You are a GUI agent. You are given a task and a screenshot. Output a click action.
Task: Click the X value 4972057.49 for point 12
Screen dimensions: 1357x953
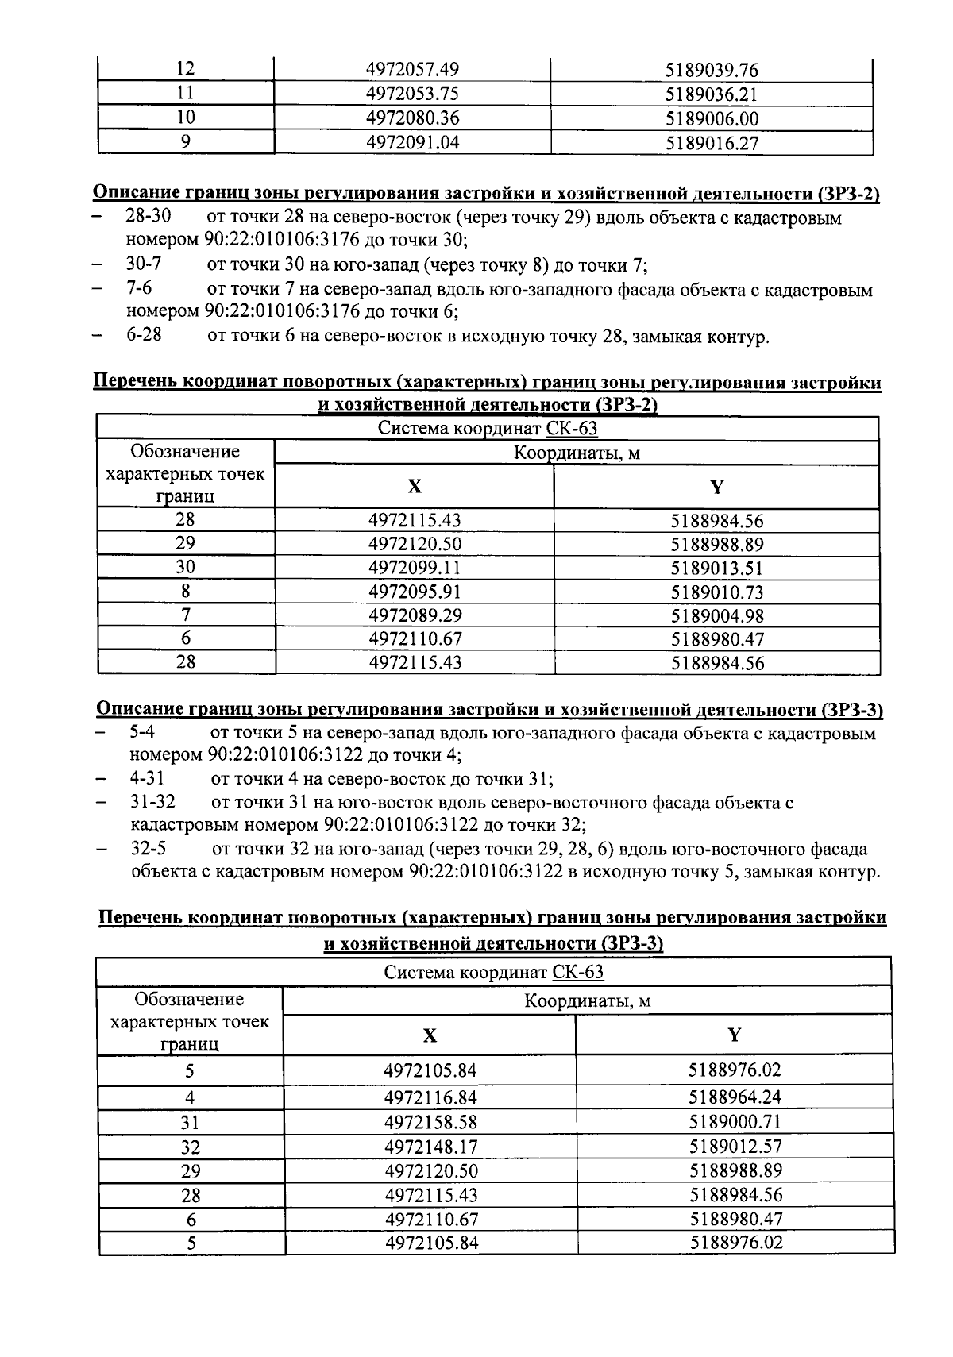coord(411,70)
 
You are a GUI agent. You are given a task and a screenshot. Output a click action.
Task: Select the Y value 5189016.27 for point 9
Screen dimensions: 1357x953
coord(712,143)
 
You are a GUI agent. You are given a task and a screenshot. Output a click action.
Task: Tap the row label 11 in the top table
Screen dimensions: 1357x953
coord(185,94)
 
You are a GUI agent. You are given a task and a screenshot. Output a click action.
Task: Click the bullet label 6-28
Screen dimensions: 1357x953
coord(144,335)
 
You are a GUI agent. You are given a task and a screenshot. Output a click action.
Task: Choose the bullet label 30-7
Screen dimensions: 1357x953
coord(144,264)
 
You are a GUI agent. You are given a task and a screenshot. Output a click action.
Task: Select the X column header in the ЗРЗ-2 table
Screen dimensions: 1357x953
coord(414,487)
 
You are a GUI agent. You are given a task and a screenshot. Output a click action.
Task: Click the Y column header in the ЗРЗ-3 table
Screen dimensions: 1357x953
coord(735,1035)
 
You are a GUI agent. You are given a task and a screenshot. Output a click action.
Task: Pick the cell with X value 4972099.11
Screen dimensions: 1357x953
coord(415,568)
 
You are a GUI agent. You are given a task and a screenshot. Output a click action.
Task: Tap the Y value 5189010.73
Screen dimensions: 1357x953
coord(717,592)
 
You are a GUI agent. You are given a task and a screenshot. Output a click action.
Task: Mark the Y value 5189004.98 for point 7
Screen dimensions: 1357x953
coord(717,615)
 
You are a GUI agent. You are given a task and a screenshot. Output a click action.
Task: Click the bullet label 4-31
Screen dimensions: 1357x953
coord(148,779)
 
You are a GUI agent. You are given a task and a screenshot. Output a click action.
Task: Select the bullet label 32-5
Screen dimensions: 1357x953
coord(148,850)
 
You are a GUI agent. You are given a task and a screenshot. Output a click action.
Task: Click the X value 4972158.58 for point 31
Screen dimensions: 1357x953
coord(430,1122)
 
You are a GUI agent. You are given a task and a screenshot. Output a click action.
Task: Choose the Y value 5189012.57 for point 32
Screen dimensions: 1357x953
coord(735,1147)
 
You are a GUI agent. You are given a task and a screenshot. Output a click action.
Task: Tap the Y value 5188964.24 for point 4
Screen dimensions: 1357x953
coord(735,1097)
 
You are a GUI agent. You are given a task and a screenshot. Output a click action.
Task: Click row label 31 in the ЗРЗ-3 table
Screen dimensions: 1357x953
coord(190,1123)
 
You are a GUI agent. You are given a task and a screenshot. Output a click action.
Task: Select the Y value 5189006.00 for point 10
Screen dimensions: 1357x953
coord(712,119)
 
